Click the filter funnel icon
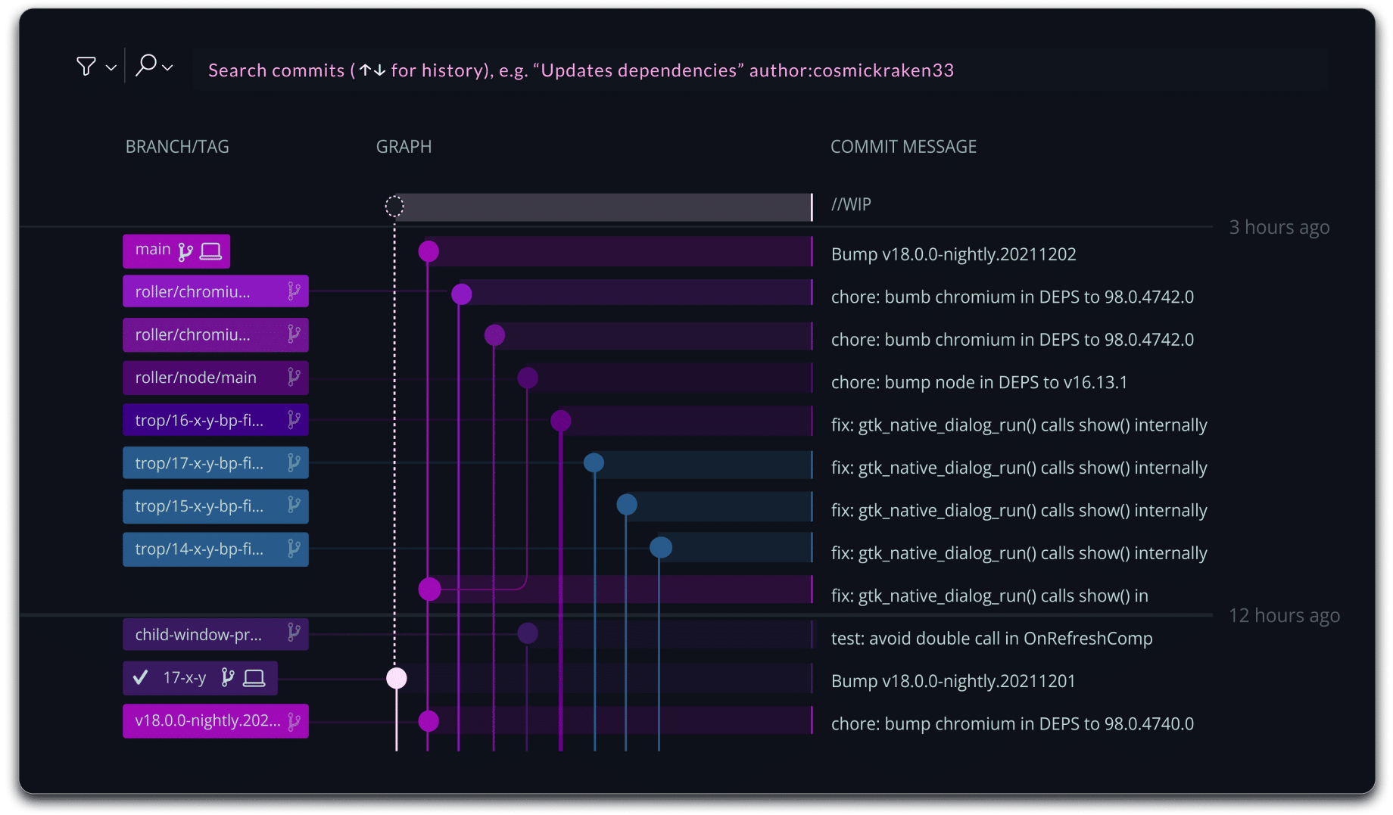coord(86,67)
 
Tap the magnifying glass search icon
coord(145,66)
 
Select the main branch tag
coord(176,250)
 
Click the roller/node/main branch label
coord(216,378)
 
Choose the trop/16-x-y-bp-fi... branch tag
coord(216,420)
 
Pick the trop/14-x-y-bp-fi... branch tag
coord(216,549)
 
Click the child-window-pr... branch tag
coord(216,634)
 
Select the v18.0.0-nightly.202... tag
coord(216,720)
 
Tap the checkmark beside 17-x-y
coord(140,677)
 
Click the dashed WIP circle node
coord(394,206)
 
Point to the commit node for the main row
coord(428,251)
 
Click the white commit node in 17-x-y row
coord(397,678)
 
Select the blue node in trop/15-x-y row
coord(627,505)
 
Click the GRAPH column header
coord(404,147)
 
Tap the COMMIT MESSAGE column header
coord(903,147)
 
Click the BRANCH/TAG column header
coord(177,147)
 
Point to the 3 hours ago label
coord(1279,227)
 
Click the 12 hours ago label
coord(1284,615)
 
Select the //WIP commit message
coord(851,204)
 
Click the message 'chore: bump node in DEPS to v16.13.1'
coord(979,382)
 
